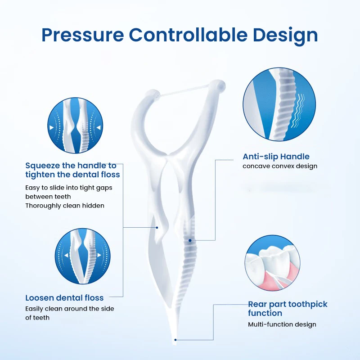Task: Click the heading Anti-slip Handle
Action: pos(276,157)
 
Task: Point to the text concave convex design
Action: pos(280,166)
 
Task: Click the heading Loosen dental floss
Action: pos(64,297)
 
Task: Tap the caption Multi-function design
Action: pos(282,324)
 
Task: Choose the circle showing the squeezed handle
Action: pos(75,126)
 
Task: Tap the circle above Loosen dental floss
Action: pos(83,256)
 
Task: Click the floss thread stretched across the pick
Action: pos(187,90)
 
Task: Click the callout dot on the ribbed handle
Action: pos(190,240)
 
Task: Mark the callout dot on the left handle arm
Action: pos(157,227)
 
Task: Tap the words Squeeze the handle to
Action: pos(71,166)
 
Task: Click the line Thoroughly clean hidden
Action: pos(65,206)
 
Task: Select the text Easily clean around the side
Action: pos(70,309)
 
